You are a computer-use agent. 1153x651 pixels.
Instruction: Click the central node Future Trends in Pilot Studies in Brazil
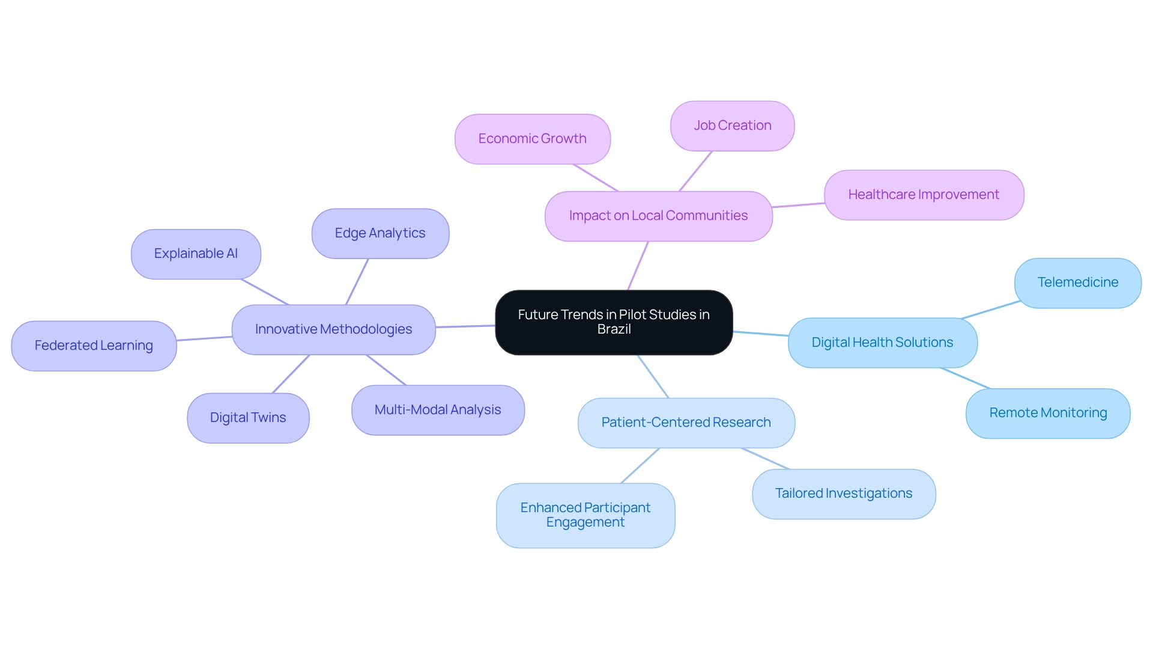point(614,322)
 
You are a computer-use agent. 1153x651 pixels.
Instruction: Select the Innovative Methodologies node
point(333,329)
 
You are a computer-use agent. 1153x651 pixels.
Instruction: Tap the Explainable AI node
point(196,254)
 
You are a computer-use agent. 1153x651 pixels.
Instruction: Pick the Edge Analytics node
point(380,233)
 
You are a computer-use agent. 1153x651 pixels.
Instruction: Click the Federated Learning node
point(94,346)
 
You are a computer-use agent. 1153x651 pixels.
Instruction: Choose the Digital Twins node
point(248,418)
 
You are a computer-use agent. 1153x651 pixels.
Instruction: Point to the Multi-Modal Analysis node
point(438,410)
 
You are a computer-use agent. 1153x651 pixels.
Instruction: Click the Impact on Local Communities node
point(658,216)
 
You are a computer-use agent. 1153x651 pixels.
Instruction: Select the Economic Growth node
point(533,139)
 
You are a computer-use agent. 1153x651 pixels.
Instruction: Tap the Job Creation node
point(733,126)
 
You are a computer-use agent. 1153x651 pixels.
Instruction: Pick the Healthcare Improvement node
point(924,195)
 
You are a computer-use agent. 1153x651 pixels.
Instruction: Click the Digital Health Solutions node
point(882,343)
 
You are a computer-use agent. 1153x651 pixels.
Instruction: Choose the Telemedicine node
point(1078,283)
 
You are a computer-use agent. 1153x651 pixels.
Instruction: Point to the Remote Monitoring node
point(1048,413)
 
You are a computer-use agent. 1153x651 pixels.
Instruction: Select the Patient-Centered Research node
point(686,423)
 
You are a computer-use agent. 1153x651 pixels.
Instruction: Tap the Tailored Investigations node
point(844,494)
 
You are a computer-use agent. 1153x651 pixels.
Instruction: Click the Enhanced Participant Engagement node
point(586,515)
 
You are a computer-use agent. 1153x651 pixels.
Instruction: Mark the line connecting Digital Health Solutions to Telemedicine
point(990,310)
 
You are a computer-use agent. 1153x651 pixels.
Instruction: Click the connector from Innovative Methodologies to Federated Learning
point(204,338)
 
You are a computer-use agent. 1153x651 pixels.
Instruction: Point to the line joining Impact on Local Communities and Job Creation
point(695,171)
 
